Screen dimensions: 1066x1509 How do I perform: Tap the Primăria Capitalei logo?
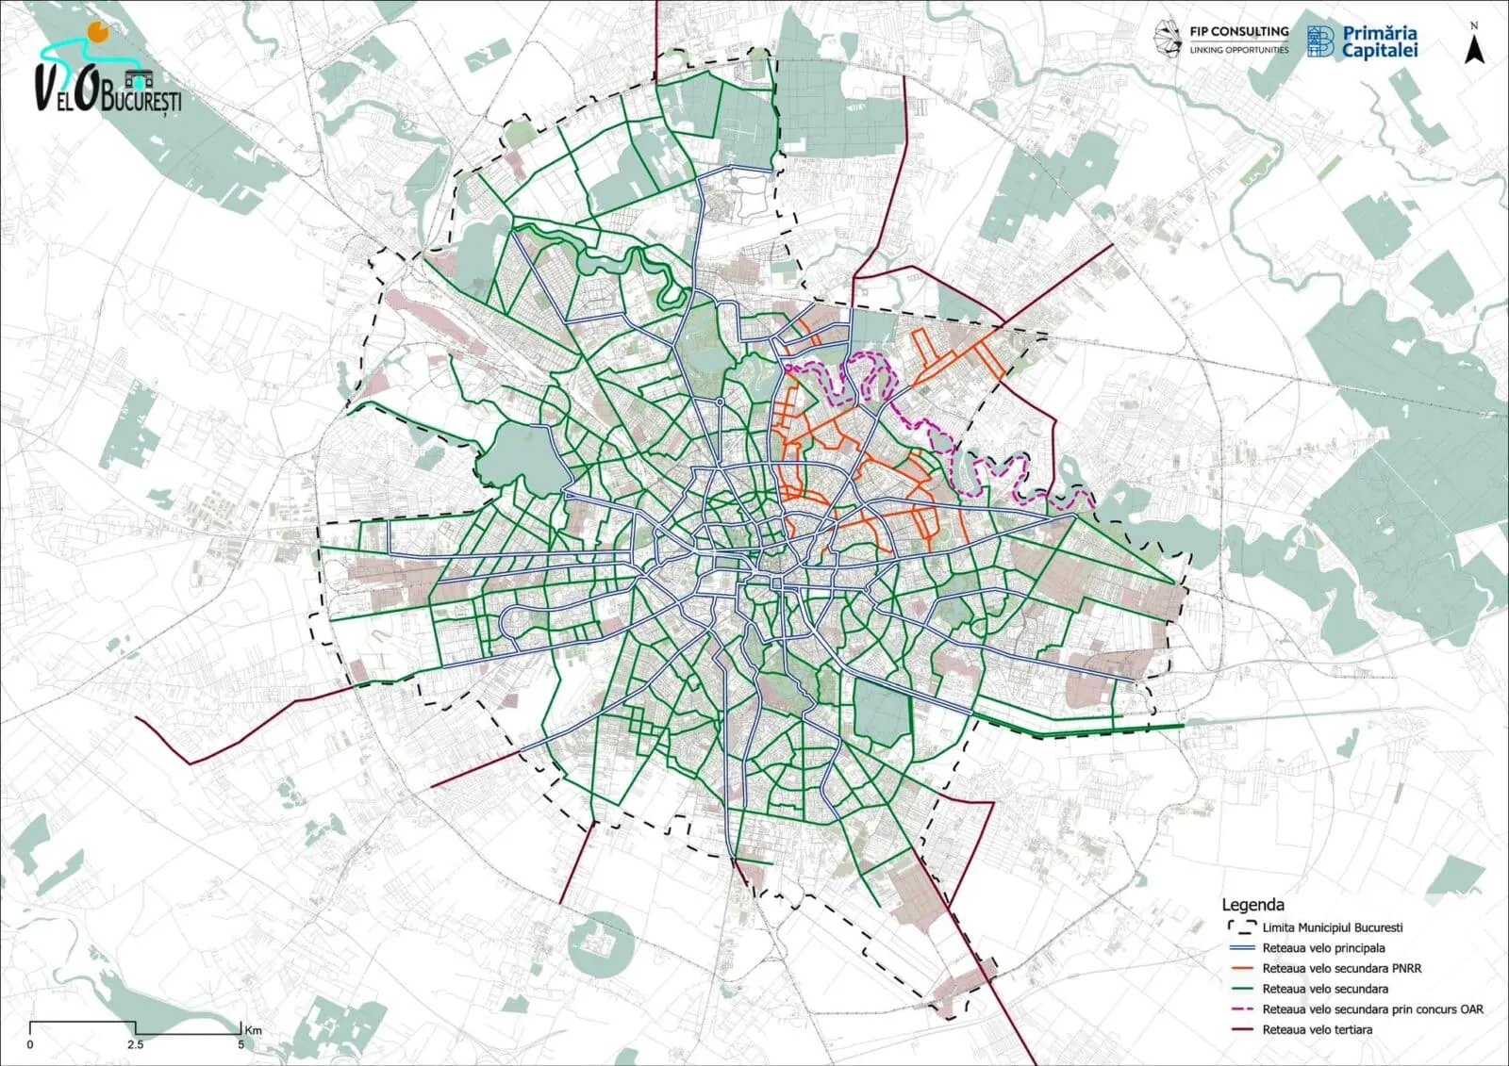click(1362, 41)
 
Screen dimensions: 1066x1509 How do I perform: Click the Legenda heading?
click(1252, 904)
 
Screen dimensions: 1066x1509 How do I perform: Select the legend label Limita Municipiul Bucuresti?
click(1332, 927)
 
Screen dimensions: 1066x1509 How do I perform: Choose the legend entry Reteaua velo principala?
click(1323, 948)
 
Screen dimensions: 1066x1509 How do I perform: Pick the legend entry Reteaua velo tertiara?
click(1317, 1029)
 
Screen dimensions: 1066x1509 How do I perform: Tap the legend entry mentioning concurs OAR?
click(1372, 1009)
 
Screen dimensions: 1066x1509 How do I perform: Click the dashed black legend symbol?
click(1240, 927)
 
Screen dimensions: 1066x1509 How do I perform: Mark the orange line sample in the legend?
click(1240, 968)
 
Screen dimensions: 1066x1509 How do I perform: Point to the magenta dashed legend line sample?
click(1240, 1009)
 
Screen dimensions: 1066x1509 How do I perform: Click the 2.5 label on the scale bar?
click(136, 1044)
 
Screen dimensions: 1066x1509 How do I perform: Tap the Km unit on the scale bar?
click(253, 1030)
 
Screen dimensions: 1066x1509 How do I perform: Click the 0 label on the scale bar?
click(30, 1044)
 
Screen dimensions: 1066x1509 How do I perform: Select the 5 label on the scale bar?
click(240, 1044)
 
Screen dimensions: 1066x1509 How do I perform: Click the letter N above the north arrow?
click(1474, 26)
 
